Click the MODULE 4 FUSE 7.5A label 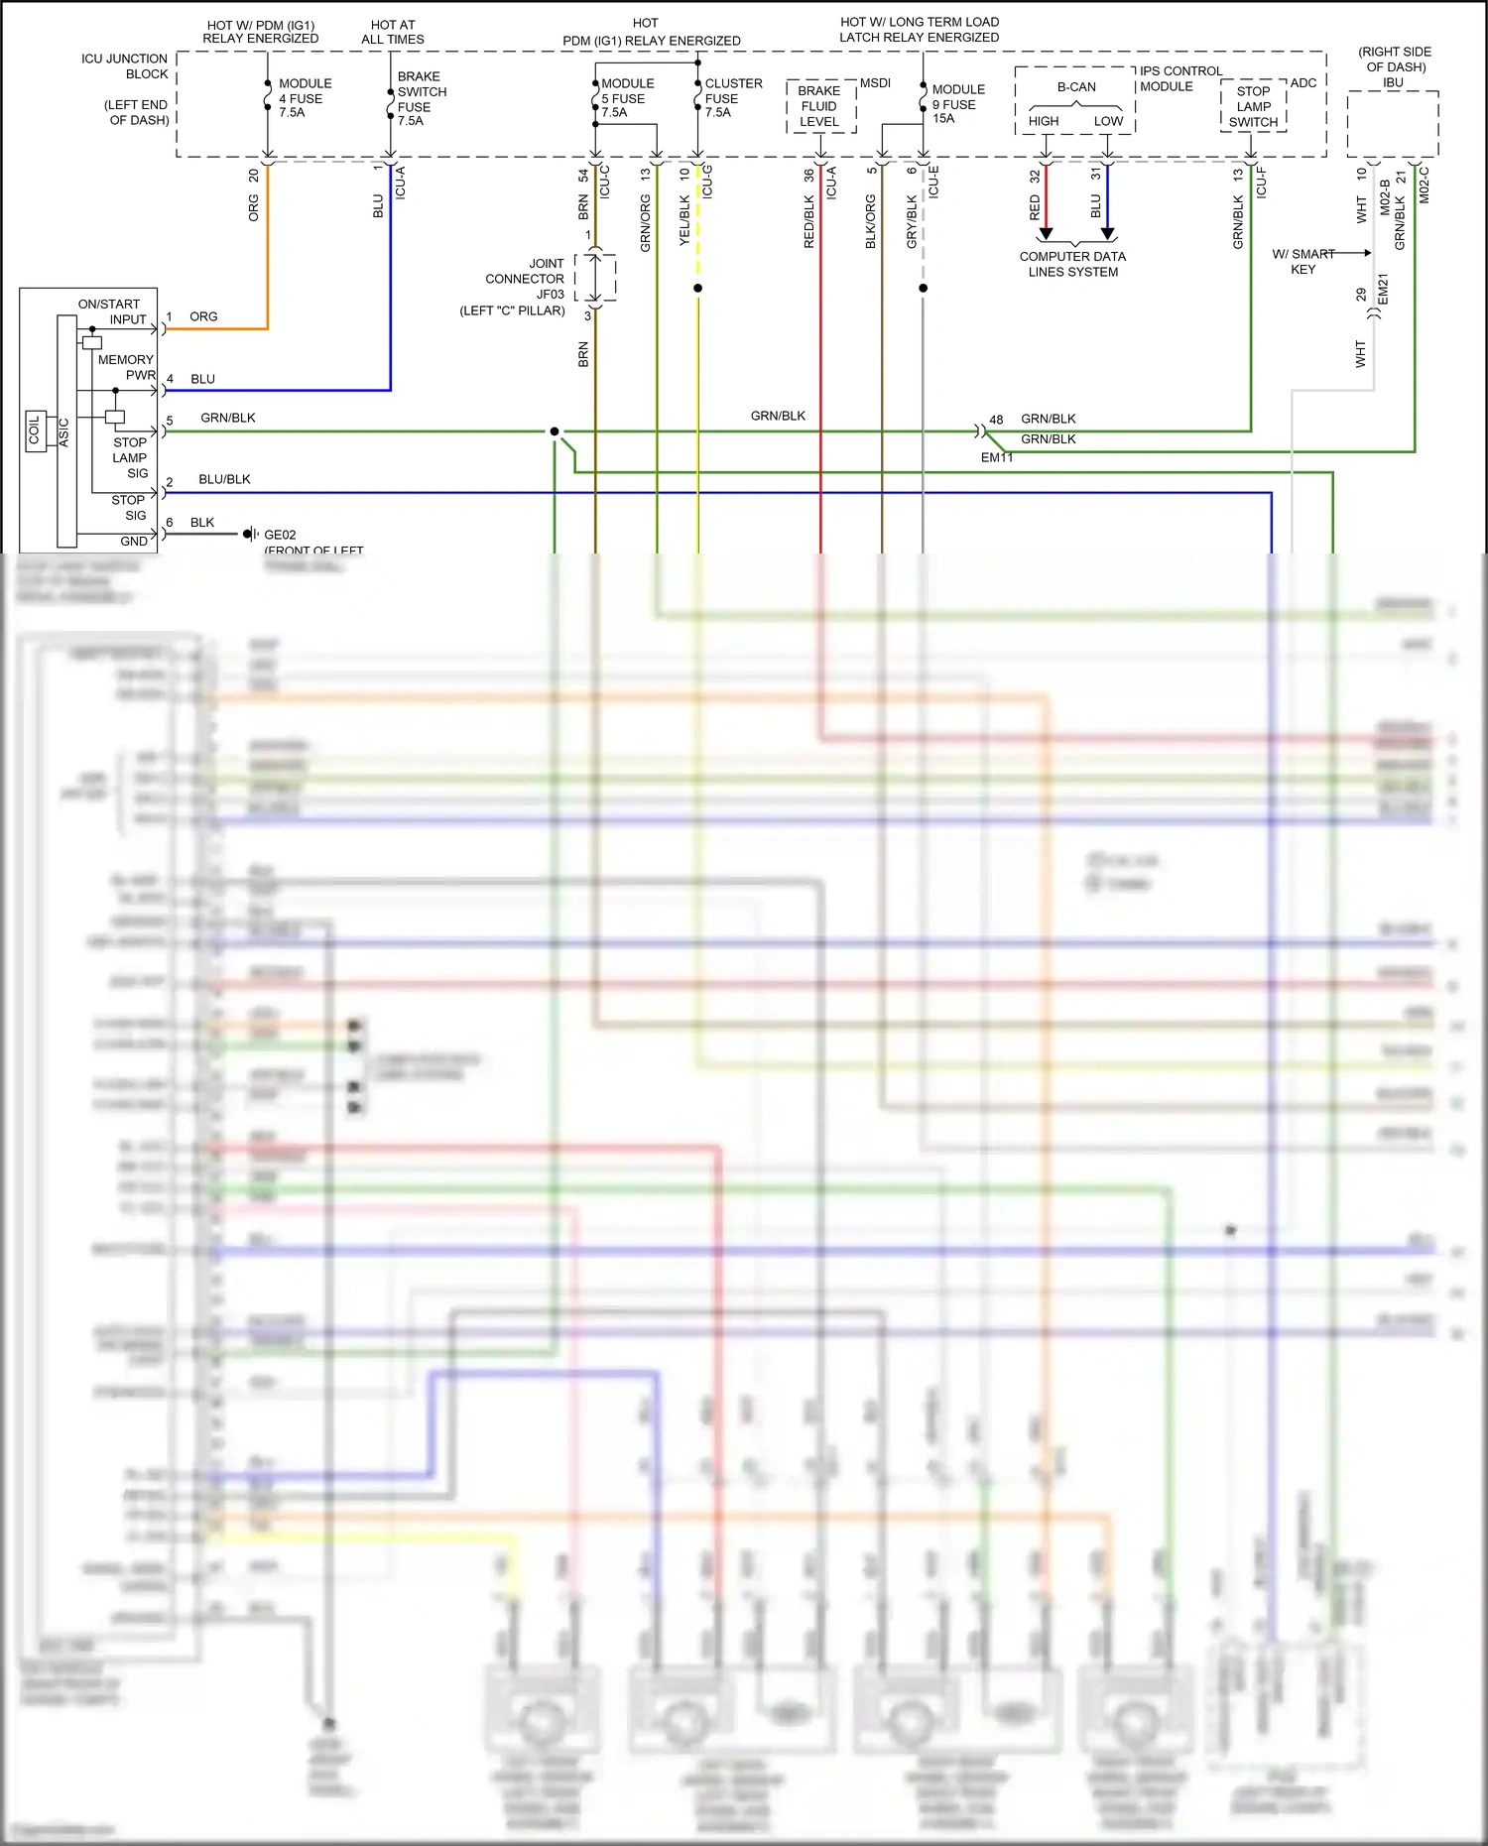coord(304,98)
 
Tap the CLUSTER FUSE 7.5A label coord(732,98)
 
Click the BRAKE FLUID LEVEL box coord(819,106)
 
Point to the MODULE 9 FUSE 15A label coord(957,103)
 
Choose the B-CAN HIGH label coord(1044,121)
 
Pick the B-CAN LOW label coord(1108,121)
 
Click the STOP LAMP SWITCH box coord(1253,106)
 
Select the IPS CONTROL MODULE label coord(1180,78)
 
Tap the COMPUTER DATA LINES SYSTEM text coord(1072,264)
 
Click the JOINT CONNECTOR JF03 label coord(524,279)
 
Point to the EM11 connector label coord(997,457)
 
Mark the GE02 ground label coord(280,535)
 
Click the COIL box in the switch coord(36,431)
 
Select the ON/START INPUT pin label coord(111,311)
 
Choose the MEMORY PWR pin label coord(126,367)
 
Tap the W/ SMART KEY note coord(1303,262)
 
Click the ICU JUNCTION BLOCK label coord(125,66)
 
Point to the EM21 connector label coord(1383,289)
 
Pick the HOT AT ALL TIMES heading coord(393,32)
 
